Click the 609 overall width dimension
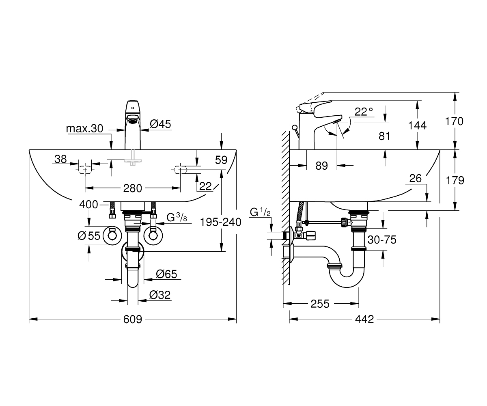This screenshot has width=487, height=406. click(x=132, y=319)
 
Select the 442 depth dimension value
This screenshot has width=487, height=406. click(x=364, y=319)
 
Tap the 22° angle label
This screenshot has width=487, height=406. click(x=364, y=112)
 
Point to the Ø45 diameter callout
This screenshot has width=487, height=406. click(x=160, y=124)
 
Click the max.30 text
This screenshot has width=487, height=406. click(x=84, y=129)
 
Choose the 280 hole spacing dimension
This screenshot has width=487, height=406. click(x=132, y=188)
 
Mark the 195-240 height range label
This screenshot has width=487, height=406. click(x=221, y=222)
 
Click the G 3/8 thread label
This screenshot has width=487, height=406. click(x=177, y=218)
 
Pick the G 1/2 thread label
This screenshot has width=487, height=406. click(x=260, y=212)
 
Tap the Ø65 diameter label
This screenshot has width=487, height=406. click(x=166, y=274)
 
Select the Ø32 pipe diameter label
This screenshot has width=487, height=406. click(x=160, y=295)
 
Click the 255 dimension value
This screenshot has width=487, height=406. click(x=320, y=304)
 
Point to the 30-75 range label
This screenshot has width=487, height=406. click(x=382, y=240)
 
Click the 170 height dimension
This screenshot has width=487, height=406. click(x=454, y=121)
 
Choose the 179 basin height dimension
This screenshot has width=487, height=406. click(x=455, y=180)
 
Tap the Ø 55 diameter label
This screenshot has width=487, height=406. click(x=89, y=236)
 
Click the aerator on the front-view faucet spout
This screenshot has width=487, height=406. click(x=133, y=121)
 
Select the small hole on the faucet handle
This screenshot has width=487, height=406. click(x=133, y=108)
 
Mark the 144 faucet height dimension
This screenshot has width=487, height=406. click(x=417, y=125)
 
